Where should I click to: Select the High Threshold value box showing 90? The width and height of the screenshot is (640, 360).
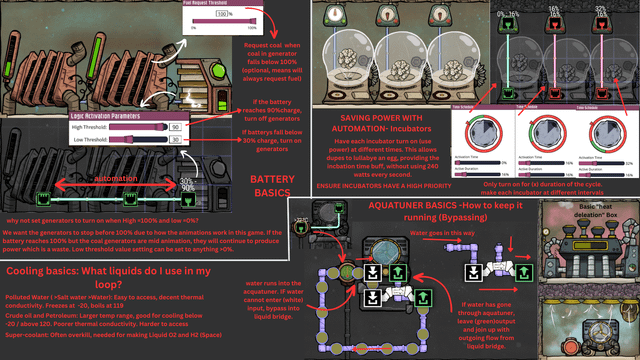tap(175, 127)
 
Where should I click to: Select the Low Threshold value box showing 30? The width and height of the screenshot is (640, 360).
tap(175, 141)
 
